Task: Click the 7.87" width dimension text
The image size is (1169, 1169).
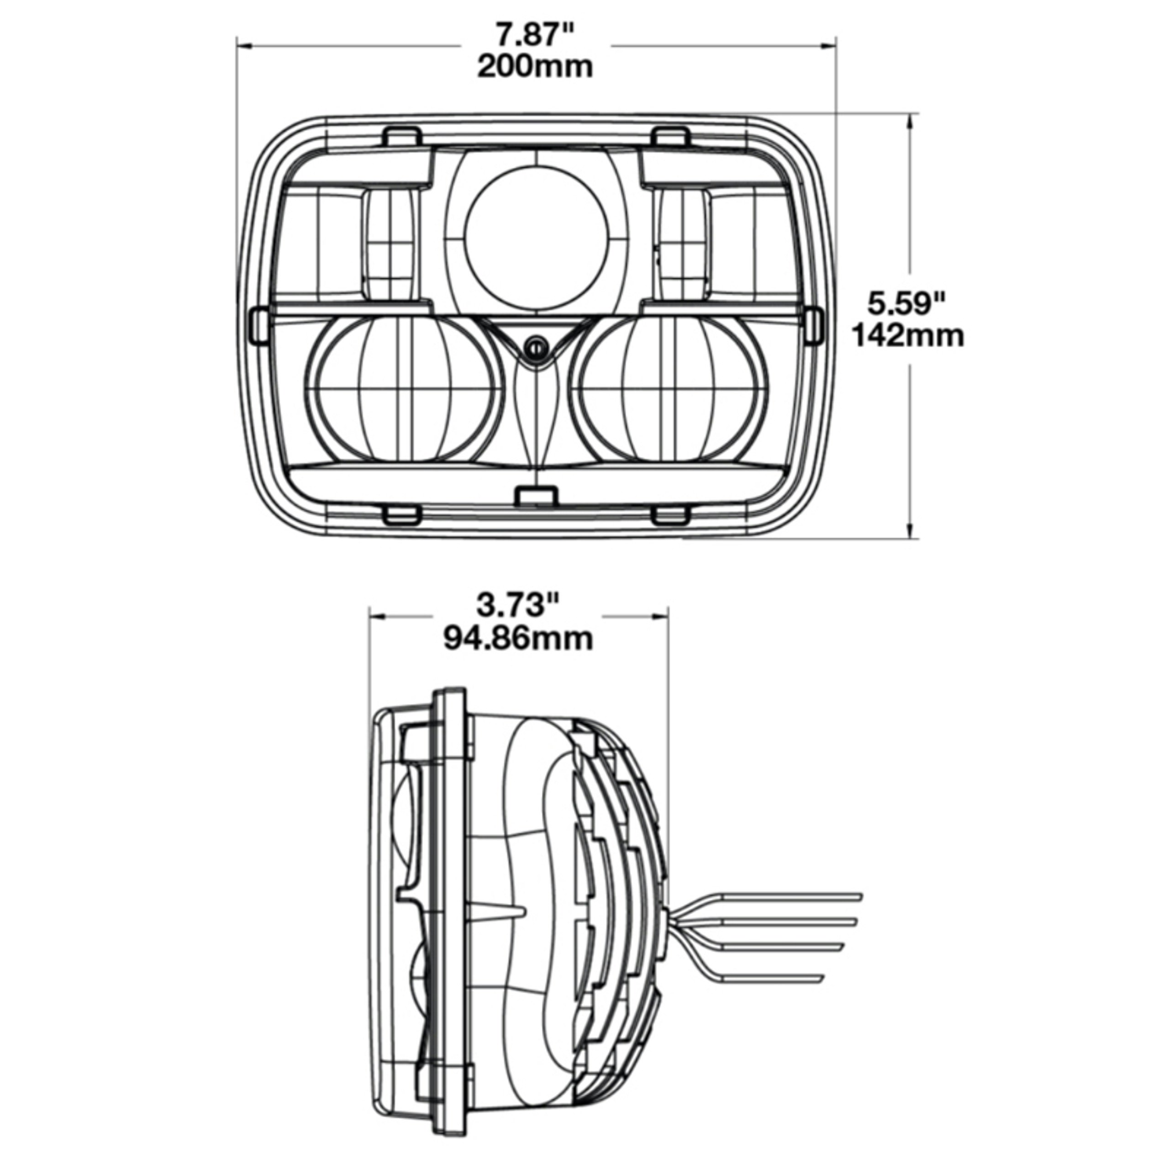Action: [535, 35]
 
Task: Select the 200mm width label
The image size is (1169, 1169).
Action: [535, 67]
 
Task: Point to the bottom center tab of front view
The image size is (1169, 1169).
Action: [536, 495]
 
